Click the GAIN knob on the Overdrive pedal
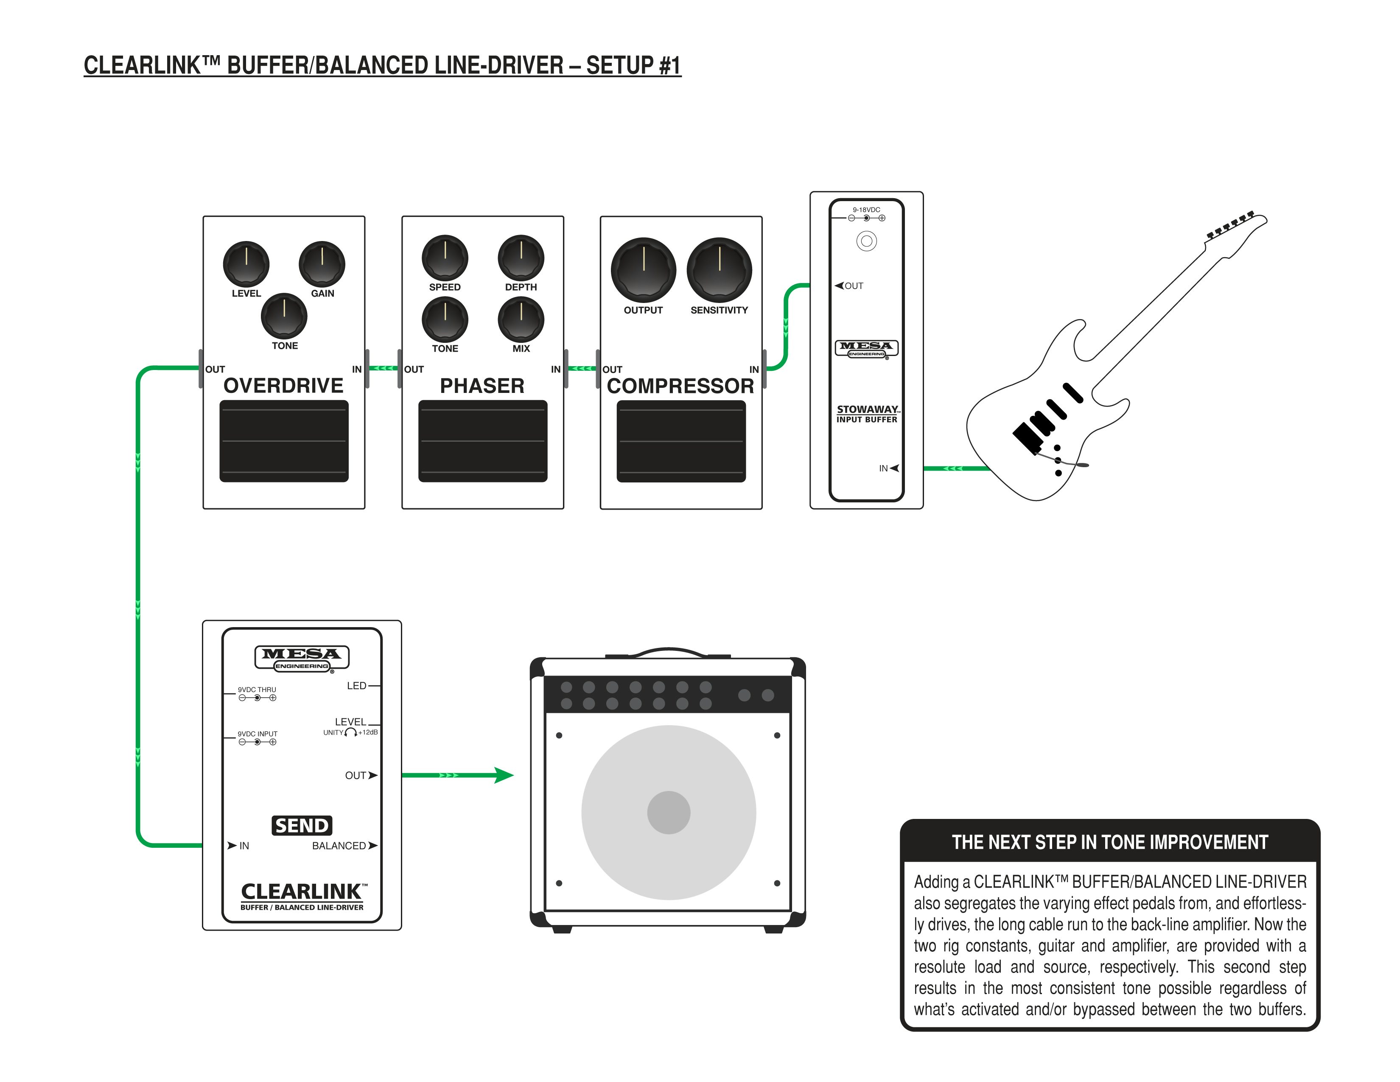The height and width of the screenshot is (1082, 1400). click(322, 263)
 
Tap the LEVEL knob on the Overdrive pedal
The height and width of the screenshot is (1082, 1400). click(246, 263)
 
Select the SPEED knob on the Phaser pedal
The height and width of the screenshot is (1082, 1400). click(445, 258)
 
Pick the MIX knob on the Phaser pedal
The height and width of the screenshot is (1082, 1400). click(521, 319)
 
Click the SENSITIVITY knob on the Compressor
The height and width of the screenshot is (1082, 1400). click(719, 270)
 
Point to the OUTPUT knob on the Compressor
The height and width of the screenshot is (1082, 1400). click(644, 270)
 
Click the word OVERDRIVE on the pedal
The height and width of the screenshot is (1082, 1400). click(283, 385)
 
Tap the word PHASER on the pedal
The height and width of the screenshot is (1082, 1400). click(482, 385)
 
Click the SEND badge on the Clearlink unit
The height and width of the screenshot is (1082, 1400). click(302, 825)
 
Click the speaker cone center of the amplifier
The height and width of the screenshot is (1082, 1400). click(669, 812)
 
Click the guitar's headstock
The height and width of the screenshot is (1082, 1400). click(1237, 227)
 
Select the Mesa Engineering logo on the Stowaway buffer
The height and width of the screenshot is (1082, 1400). click(867, 348)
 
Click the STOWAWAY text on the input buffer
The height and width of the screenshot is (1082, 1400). click(867, 409)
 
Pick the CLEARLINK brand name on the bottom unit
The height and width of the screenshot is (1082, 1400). click(301, 891)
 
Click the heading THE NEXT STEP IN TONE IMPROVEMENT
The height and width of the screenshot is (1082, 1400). click(1110, 842)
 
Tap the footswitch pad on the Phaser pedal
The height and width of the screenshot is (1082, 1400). click(483, 441)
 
